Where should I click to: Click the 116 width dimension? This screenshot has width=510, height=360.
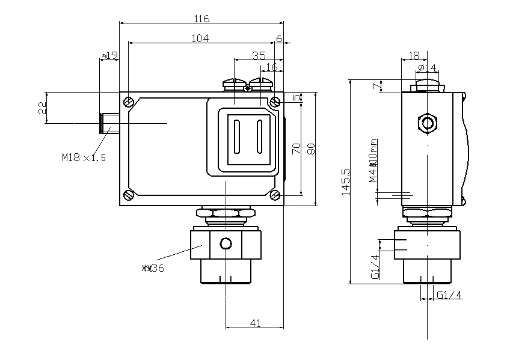coord(201,19)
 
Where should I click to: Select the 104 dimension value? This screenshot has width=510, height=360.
coord(200,38)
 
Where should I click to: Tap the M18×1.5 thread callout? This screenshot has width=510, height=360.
coord(84,158)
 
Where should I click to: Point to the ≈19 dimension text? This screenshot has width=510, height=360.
coord(109,55)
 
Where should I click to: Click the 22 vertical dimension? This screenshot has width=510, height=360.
coord(41,108)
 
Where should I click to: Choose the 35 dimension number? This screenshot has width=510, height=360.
coord(259,55)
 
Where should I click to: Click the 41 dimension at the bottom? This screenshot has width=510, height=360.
coord(255,323)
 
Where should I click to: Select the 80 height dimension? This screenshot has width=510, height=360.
coord(311,148)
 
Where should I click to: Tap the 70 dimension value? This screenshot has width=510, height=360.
coord(296,149)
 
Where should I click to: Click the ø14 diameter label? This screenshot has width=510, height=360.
coord(428,66)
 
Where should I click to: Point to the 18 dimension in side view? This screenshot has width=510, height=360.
coord(414,55)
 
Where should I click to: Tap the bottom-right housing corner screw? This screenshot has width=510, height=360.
coord(275,194)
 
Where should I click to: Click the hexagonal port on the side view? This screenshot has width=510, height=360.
coord(428,124)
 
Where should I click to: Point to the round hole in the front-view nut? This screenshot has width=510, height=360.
coord(226,243)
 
